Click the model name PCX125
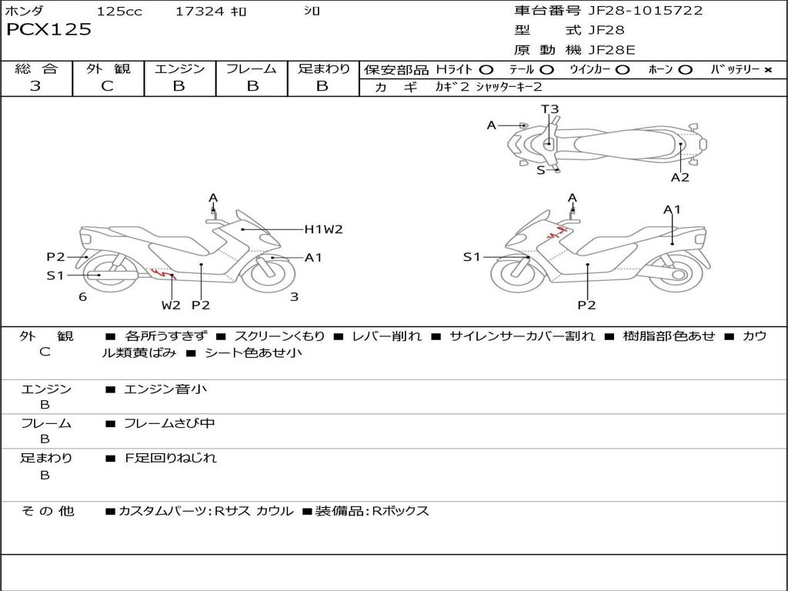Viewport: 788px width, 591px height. [48, 29]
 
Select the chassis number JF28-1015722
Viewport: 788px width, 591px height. [646, 11]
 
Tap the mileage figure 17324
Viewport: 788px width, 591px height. [199, 11]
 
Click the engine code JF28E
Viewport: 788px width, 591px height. [612, 50]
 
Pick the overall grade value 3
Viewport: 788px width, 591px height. [35, 85]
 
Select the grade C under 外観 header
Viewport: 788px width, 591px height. [107, 86]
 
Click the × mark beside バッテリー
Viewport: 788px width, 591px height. [768, 70]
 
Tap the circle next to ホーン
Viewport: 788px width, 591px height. [685, 70]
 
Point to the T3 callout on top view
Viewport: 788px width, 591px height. [549, 109]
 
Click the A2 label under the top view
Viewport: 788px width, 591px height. [680, 177]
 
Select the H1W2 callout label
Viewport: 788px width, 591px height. [324, 229]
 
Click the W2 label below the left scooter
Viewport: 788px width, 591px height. [171, 305]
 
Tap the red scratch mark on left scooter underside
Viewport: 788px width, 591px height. [163, 273]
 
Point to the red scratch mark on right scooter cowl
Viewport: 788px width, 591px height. [558, 232]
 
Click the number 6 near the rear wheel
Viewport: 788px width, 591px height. [83, 297]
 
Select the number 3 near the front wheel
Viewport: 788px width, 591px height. [295, 297]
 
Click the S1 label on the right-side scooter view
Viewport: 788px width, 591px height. [472, 257]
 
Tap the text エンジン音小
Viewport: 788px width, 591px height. [165, 389]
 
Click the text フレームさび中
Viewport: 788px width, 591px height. [169, 424]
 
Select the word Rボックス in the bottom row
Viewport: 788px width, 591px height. [400, 511]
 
